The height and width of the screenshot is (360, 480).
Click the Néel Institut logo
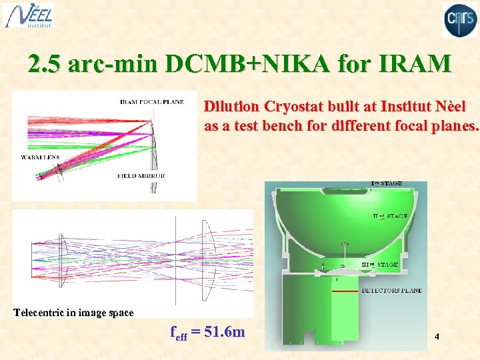(x=29, y=15)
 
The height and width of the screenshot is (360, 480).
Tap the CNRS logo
(x=460, y=19)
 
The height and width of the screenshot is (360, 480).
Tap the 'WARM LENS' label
(x=40, y=157)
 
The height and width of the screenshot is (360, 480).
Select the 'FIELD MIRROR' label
(x=141, y=176)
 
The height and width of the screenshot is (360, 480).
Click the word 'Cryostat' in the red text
(x=291, y=107)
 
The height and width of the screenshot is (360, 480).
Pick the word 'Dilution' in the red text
(x=232, y=107)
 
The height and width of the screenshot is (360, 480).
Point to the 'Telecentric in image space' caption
(x=74, y=312)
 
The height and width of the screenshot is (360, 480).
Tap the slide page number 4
(x=437, y=337)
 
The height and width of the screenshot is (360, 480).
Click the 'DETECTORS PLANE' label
(x=391, y=291)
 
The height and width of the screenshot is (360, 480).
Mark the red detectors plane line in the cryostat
(x=345, y=292)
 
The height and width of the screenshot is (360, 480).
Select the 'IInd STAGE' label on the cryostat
(x=390, y=216)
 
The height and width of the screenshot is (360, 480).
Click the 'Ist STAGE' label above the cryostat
(x=386, y=183)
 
